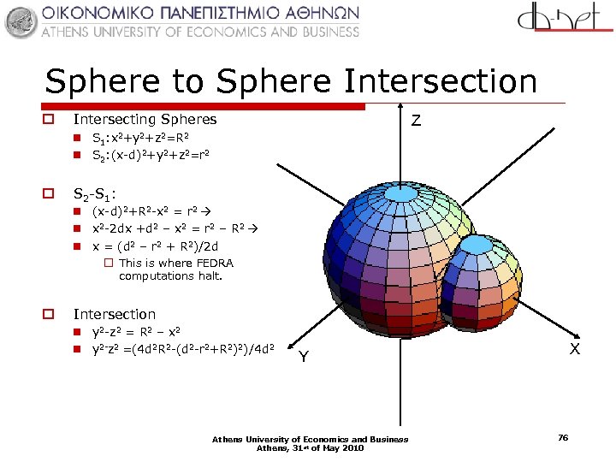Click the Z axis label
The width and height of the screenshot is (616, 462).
pyautogui.click(x=415, y=121)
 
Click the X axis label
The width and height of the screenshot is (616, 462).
pyautogui.click(x=575, y=349)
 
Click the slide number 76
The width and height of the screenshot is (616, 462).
pyautogui.click(x=563, y=438)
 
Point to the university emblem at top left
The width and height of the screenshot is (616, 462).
pyautogui.click(x=21, y=21)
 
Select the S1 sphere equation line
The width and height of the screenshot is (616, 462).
pyautogui.click(x=141, y=137)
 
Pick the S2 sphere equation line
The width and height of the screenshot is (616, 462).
pyautogui.click(x=151, y=155)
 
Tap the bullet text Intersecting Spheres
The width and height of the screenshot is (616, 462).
pyautogui.click(x=145, y=119)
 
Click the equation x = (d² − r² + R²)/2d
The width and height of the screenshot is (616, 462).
pyautogui.click(x=162, y=246)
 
